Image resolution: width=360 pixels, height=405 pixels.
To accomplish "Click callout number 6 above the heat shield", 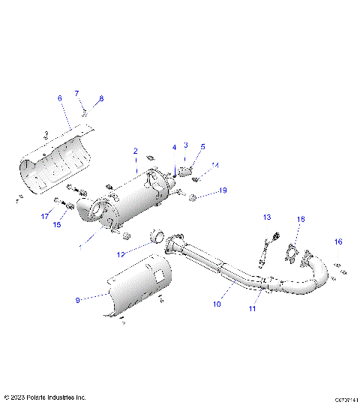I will [x=60, y=98].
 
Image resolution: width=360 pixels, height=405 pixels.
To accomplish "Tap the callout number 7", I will [x=76, y=93].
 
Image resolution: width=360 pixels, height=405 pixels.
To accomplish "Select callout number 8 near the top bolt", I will [x=101, y=99].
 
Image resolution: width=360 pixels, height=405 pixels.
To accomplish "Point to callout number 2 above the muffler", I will [x=135, y=151].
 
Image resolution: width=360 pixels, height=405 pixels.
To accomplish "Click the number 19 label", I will [x=223, y=191].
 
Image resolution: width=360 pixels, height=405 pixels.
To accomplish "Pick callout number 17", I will [x=44, y=217].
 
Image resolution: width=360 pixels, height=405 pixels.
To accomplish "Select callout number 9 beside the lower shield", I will [x=77, y=300].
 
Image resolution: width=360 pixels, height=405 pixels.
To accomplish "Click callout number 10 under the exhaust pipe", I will [x=217, y=304].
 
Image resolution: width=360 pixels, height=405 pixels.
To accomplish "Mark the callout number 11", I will [x=252, y=308].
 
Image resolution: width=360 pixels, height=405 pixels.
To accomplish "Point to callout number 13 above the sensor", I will [x=266, y=217].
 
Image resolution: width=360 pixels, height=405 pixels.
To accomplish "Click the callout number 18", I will [x=301, y=219].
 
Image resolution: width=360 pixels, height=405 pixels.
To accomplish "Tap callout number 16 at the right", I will [x=338, y=241].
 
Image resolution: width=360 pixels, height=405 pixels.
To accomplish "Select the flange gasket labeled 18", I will [x=291, y=256].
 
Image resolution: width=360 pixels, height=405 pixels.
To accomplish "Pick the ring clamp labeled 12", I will [x=158, y=238].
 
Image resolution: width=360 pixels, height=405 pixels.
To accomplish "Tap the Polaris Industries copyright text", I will [x=45, y=397].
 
